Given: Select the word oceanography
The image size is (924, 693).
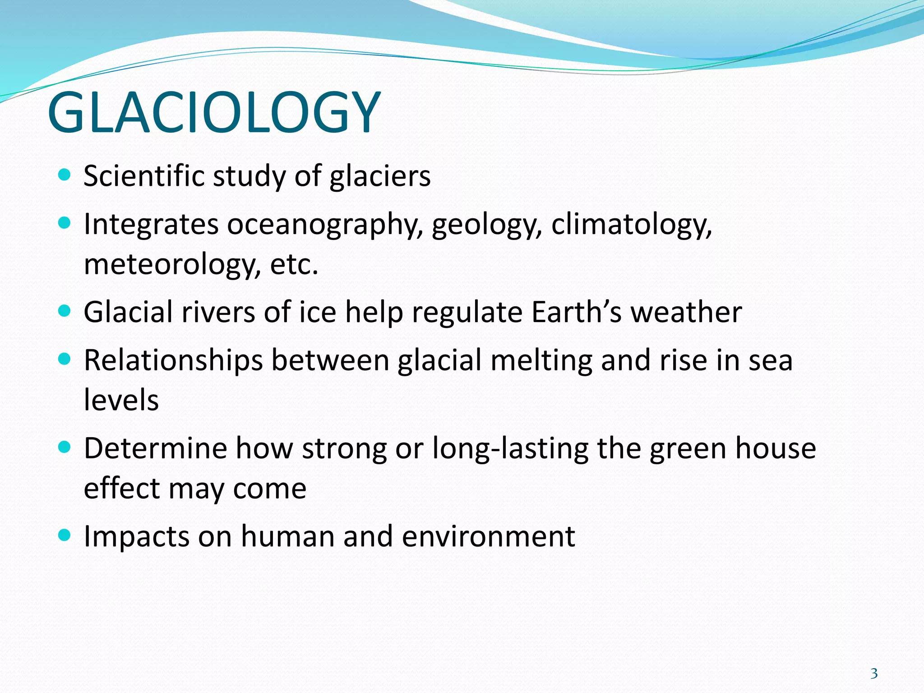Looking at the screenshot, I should pyautogui.click(x=325, y=224).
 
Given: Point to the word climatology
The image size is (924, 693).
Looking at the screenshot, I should pyautogui.click(x=631, y=224).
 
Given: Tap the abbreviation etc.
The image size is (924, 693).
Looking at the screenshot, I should pyautogui.click(x=294, y=264).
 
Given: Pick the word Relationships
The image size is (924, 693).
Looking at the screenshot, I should pyautogui.click(x=173, y=360).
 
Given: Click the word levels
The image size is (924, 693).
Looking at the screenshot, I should pyautogui.click(x=121, y=400).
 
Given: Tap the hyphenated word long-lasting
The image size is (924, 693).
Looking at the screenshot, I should pyautogui.click(x=510, y=448).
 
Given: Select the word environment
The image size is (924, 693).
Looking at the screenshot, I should pyautogui.click(x=488, y=536).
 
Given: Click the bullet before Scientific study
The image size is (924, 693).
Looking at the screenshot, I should pyautogui.click(x=65, y=175).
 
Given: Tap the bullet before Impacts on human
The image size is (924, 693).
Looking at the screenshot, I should pyautogui.click(x=65, y=536).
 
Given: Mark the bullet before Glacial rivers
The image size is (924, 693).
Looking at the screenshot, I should pyautogui.click(x=65, y=311).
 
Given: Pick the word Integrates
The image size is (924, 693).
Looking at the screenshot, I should pyautogui.click(x=151, y=224).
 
